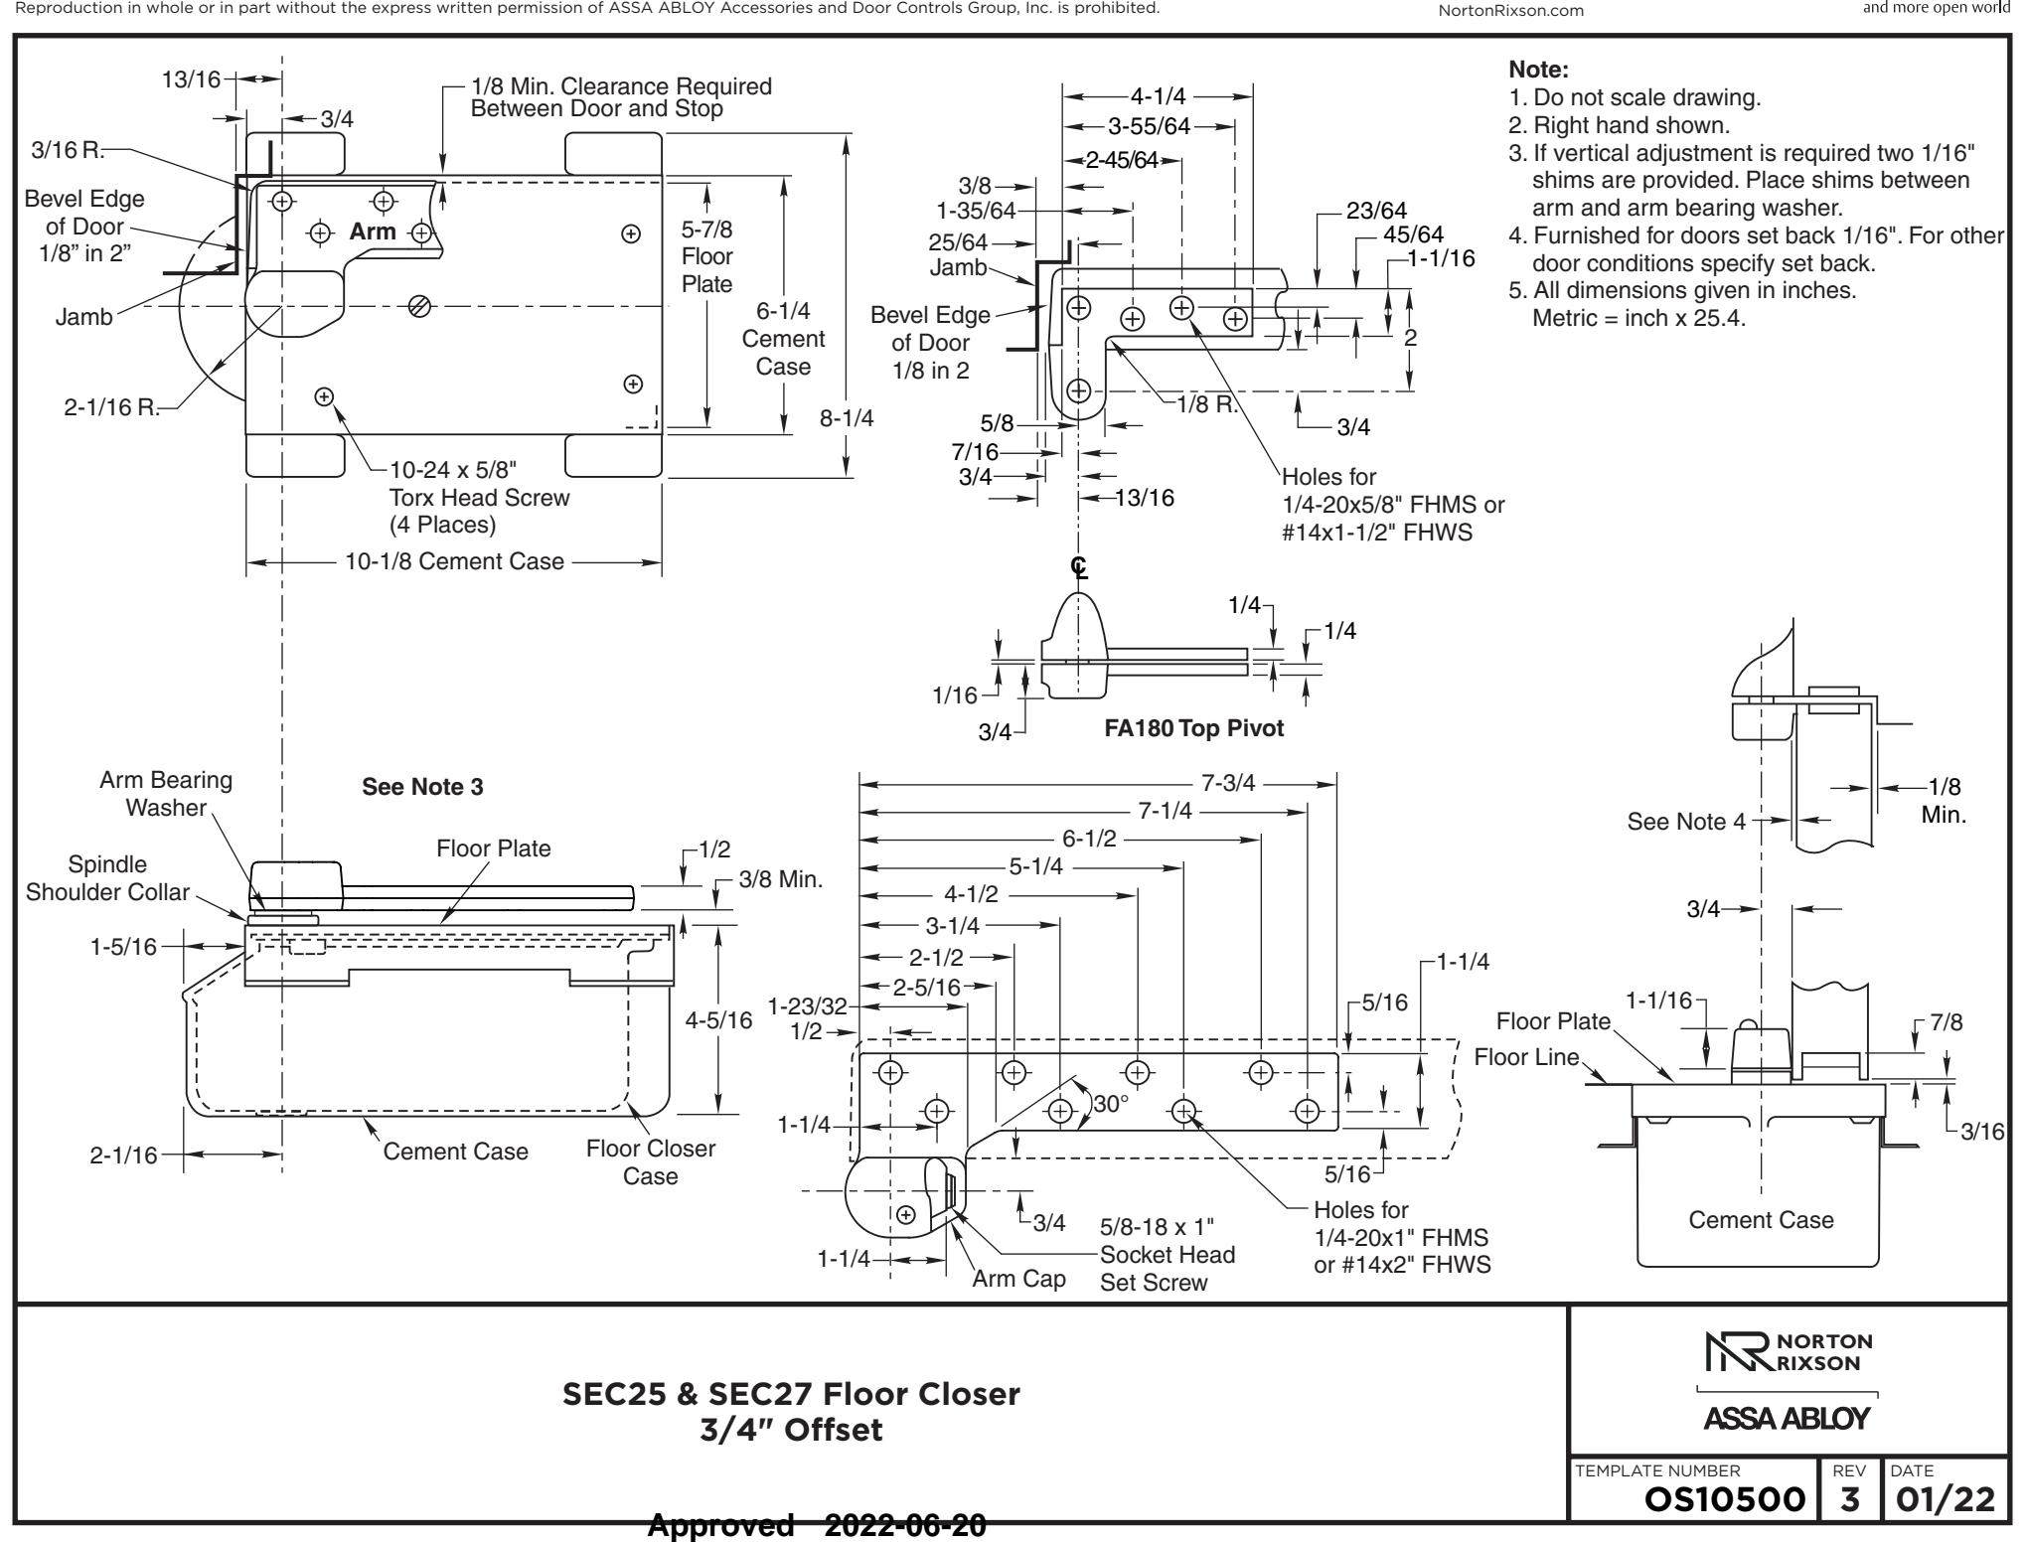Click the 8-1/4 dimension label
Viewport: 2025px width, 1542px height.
pyautogui.click(x=847, y=418)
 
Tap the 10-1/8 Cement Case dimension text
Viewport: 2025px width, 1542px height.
pyautogui.click(x=454, y=561)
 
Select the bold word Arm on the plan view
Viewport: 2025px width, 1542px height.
pyautogui.click(x=373, y=231)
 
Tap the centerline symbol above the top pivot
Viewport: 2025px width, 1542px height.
pyautogui.click(x=1079, y=567)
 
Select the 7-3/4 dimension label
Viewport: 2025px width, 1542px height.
pyautogui.click(x=1228, y=783)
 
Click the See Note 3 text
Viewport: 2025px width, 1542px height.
pyautogui.click(x=422, y=787)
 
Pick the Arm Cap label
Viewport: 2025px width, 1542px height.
pyautogui.click(x=1018, y=1279)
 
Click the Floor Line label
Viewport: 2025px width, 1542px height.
pyautogui.click(x=1526, y=1056)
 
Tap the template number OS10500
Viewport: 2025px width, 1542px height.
pyautogui.click(x=1724, y=1499)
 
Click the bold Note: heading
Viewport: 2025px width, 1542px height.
pyautogui.click(x=1538, y=70)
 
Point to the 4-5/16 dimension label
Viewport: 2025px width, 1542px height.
pyautogui.click(x=719, y=1020)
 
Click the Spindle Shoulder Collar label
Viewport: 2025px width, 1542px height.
pyautogui.click(x=107, y=878)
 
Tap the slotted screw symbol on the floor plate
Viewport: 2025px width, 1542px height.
pyautogui.click(x=420, y=307)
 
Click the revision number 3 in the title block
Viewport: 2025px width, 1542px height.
pyautogui.click(x=1848, y=1499)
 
